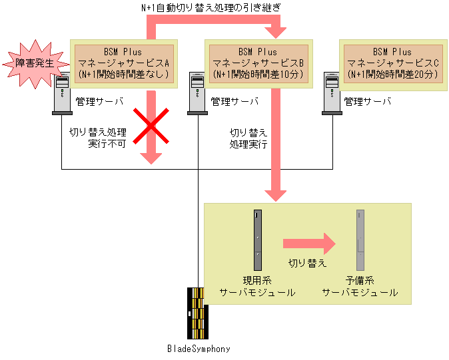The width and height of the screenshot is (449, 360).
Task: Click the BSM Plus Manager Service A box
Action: click(x=124, y=63)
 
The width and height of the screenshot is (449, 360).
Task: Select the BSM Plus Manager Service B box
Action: click(x=258, y=63)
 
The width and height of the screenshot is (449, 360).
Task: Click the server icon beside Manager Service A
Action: click(x=62, y=93)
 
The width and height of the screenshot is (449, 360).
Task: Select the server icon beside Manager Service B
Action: click(x=197, y=93)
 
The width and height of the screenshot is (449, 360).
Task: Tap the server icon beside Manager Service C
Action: click(x=330, y=93)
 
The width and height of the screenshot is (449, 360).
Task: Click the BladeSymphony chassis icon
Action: click(x=198, y=313)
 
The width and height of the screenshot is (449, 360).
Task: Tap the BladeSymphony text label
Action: click(x=199, y=348)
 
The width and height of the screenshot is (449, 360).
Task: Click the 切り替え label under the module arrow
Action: click(x=307, y=263)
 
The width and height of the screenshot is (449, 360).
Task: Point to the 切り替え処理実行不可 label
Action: click(x=99, y=138)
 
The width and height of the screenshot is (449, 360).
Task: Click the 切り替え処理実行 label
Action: click(x=248, y=138)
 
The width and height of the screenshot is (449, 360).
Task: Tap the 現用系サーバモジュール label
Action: click(x=257, y=287)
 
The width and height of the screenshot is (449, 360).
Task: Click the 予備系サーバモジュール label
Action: click(x=360, y=287)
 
